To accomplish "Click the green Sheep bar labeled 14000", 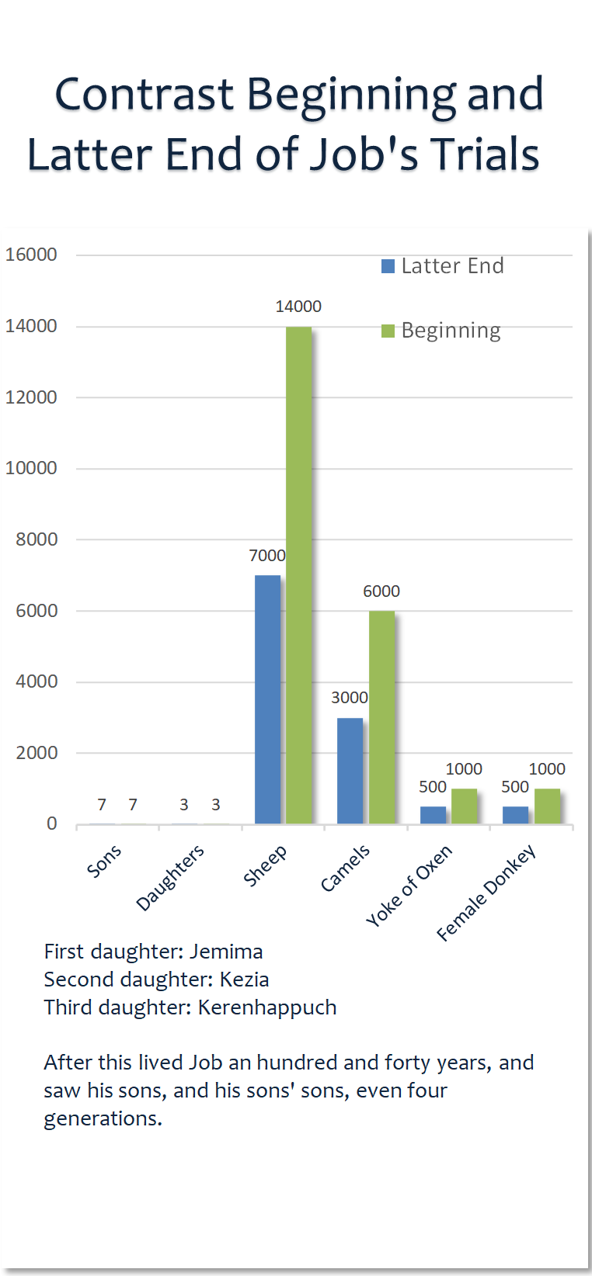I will coord(298,574).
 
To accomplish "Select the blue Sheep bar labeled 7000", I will coord(267,699).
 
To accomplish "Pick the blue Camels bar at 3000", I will coord(350,770).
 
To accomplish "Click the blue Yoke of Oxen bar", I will coord(433,814).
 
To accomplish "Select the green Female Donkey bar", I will coord(547,806).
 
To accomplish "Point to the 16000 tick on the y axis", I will coord(31,255).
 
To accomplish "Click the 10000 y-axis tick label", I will coord(31,468).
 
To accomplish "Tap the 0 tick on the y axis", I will coord(51,824).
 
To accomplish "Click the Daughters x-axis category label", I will coord(170,877).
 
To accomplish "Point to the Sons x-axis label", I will coord(104,861).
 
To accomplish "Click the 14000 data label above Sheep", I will coord(298,307).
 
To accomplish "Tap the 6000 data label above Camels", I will coord(381,591).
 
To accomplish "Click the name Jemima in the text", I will coord(226,952).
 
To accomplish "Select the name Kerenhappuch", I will coord(267,1007).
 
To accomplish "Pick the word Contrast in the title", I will coord(145,95).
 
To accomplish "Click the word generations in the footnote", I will coord(103,1118).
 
